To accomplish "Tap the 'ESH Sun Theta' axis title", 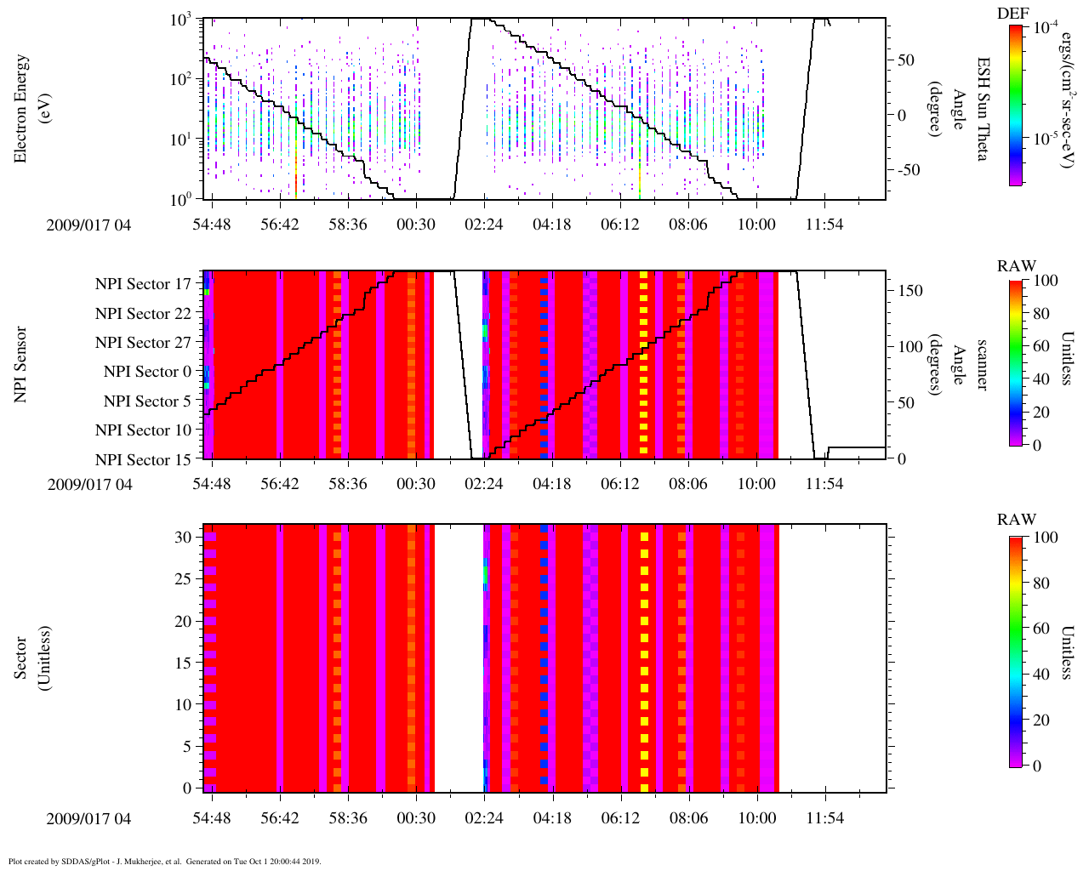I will (983, 109).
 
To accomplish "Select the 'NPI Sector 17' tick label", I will (143, 284).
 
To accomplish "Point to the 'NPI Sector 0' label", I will (147, 372).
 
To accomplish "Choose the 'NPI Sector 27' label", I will (143, 343).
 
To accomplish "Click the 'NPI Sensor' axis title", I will (20, 364).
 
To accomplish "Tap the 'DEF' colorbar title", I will (1012, 13).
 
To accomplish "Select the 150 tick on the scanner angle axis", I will (910, 291).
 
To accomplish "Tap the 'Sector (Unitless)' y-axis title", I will (30, 658).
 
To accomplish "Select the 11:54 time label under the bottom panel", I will (824, 818).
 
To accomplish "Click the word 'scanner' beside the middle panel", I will (982, 364).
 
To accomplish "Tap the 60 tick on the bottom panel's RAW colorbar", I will (1040, 629).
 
